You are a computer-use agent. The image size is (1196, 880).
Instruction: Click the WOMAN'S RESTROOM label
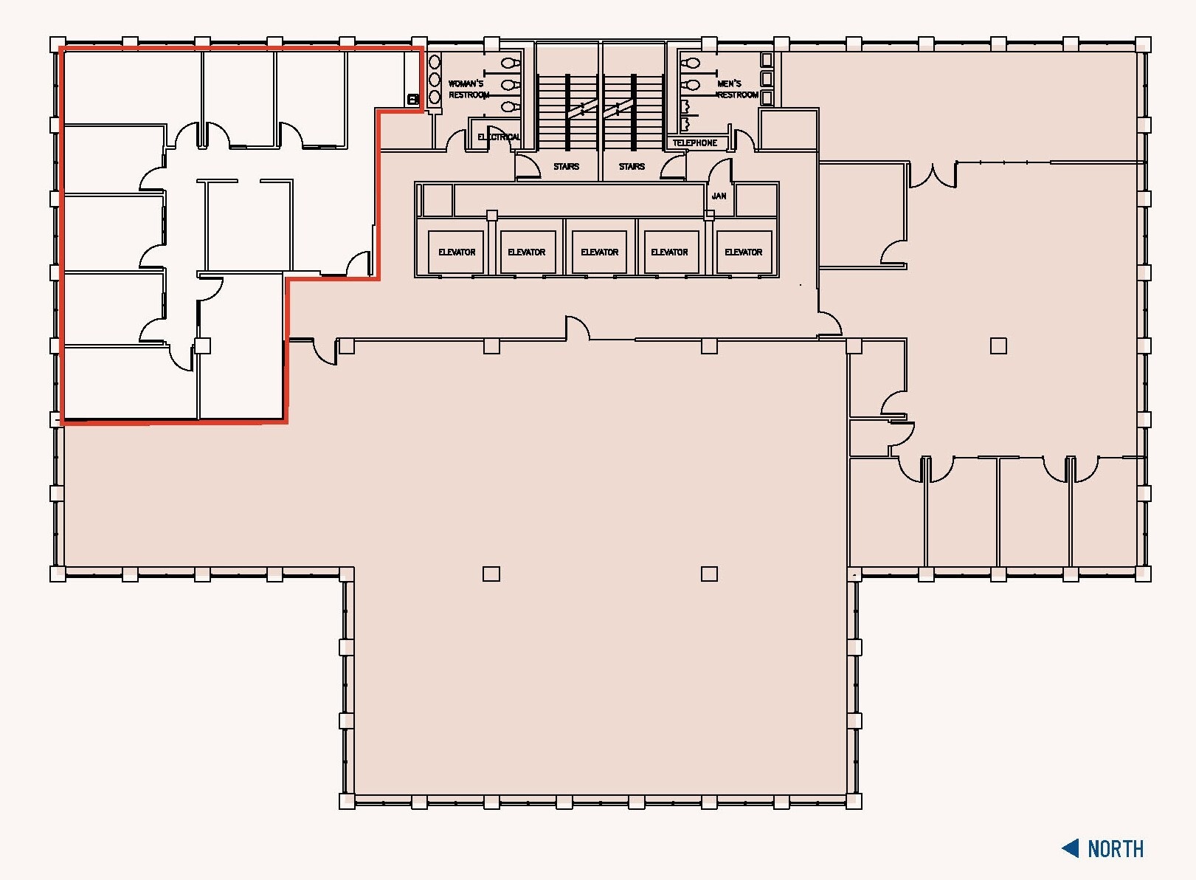click(x=468, y=89)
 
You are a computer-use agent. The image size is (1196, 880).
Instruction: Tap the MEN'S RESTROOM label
click(x=737, y=89)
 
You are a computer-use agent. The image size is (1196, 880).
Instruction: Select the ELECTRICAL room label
click(x=499, y=137)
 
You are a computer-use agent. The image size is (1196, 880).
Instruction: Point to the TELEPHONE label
click(x=694, y=143)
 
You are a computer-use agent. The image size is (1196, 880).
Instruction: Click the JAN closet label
click(x=719, y=196)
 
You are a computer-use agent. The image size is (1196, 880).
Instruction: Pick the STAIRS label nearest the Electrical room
click(x=566, y=167)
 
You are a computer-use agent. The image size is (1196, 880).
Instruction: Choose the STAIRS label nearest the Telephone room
click(x=632, y=167)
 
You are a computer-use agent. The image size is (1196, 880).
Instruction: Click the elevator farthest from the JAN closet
click(x=457, y=252)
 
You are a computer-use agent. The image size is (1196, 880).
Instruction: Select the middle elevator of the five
click(x=599, y=252)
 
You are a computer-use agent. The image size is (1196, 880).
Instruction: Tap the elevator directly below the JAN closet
click(x=743, y=252)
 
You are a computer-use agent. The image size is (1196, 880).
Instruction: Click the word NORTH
click(x=1116, y=849)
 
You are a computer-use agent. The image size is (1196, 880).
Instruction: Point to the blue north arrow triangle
click(x=1071, y=848)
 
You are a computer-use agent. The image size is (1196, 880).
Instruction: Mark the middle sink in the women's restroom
click(x=435, y=79)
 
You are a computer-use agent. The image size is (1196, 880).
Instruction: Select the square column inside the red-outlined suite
click(x=202, y=346)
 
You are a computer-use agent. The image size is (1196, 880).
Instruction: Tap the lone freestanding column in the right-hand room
click(x=998, y=346)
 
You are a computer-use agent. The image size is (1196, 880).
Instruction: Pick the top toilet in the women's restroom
click(x=510, y=63)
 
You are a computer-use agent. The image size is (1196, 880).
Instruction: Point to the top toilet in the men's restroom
click(x=690, y=63)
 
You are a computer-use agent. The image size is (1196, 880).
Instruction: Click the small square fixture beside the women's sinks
click(x=413, y=99)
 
